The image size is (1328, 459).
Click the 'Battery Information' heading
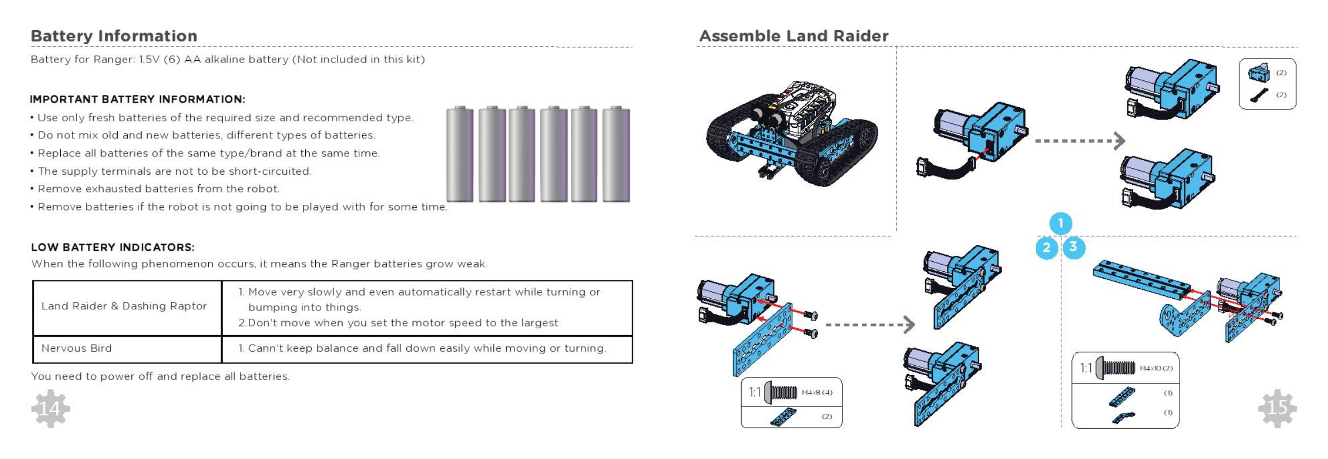[x=114, y=36]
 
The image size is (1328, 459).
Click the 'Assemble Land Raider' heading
[x=793, y=36]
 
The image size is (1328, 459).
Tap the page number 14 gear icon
[x=50, y=409]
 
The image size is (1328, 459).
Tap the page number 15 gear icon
[x=1277, y=408]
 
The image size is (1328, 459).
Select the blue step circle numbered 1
[x=1061, y=223]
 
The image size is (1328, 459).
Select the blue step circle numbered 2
[x=1047, y=247]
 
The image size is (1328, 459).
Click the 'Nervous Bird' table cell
[x=76, y=348]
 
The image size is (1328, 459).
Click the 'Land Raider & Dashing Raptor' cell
[x=124, y=306]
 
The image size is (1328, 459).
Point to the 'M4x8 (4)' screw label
[x=817, y=393]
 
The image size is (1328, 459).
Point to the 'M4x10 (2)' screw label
[x=1156, y=369]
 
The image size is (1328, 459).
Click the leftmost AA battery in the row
[x=460, y=154]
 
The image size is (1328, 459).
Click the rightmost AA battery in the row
[x=616, y=154]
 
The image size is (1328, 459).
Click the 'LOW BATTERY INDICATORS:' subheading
[x=113, y=247]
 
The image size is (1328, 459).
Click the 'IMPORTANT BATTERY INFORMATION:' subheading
[x=137, y=99]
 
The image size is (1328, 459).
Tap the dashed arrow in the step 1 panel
[x=1080, y=141]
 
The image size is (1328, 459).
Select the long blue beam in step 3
[x=1141, y=280]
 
